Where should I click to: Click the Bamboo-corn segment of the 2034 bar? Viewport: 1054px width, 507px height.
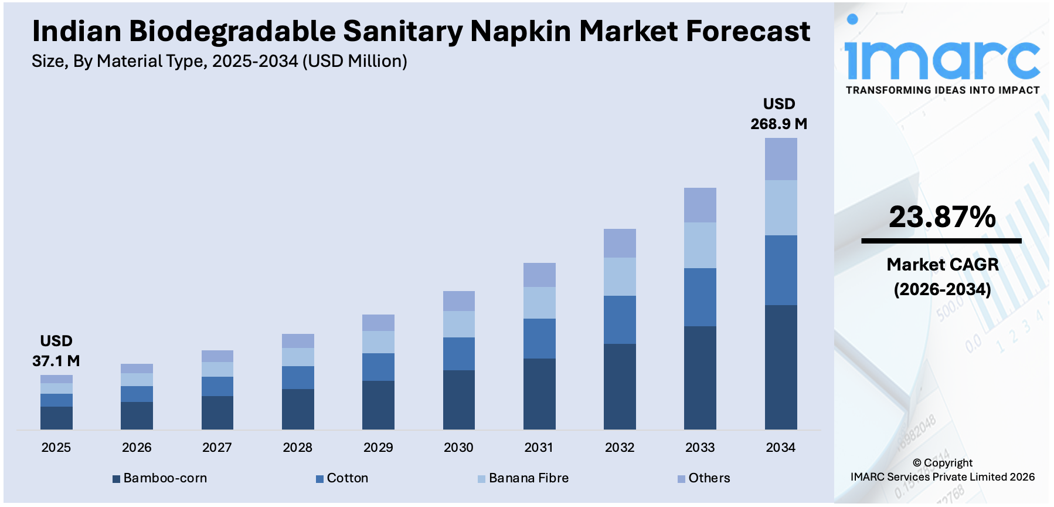pyautogui.click(x=780, y=367)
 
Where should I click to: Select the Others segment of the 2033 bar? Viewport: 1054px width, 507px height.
pyautogui.click(x=700, y=205)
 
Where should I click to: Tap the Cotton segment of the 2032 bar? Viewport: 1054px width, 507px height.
pyautogui.click(x=620, y=320)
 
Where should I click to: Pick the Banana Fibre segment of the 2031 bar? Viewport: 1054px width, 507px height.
pyautogui.click(x=539, y=303)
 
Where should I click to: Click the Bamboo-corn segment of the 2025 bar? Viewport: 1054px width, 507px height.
pyautogui.click(x=56, y=418)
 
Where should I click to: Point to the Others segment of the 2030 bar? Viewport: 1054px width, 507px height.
pyautogui.click(x=459, y=301)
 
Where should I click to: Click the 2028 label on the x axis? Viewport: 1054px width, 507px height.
pyautogui.click(x=298, y=448)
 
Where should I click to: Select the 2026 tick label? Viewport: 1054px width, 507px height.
pyautogui.click(x=137, y=448)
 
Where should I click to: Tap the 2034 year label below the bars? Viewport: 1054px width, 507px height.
pyautogui.click(x=780, y=448)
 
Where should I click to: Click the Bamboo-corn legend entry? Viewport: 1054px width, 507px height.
pyautogui.click(x=159, y=478)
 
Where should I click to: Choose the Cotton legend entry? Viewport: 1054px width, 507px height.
pyautogui.click(x=342, y=478)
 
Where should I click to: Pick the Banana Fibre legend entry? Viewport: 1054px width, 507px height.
pyautogui.click(x=523, y=478)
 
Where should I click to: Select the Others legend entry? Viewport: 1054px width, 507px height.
pyautogui.click(x=703, y=478)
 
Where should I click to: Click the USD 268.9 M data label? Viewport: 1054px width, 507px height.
pyautogui.click(x=778, y=114)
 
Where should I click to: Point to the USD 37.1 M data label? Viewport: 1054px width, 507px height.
pyautogui.click(x=56, y=351)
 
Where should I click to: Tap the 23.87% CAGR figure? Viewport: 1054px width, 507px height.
pyautogui.click(x=942, y=217)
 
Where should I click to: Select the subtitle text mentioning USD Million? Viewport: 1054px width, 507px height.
pyautogui.click(x=219, y=61)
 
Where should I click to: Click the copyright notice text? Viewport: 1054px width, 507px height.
pyautogui.click(x=942, y=470)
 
